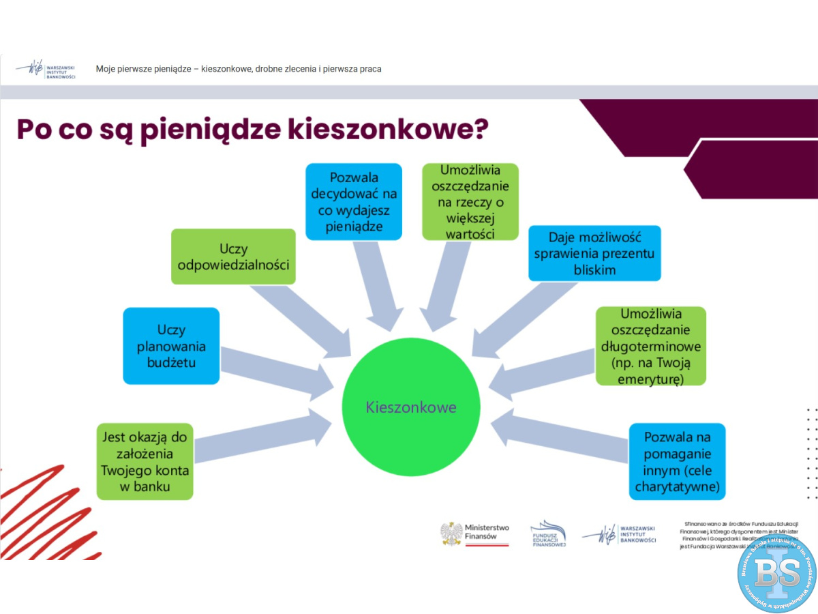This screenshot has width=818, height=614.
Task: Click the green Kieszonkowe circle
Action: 410,407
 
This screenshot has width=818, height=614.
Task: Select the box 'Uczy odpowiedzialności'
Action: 233,257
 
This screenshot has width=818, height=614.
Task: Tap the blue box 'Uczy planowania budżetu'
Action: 171,346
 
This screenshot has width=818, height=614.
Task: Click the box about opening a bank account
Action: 145,462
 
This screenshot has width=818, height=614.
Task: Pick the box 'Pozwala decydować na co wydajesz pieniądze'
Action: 353,201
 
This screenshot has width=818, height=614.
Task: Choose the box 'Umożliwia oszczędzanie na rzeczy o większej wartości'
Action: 470,201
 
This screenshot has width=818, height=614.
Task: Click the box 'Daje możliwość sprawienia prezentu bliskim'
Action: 594,253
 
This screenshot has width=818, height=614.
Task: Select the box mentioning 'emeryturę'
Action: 650,346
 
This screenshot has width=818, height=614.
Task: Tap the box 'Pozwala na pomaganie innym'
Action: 677,462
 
